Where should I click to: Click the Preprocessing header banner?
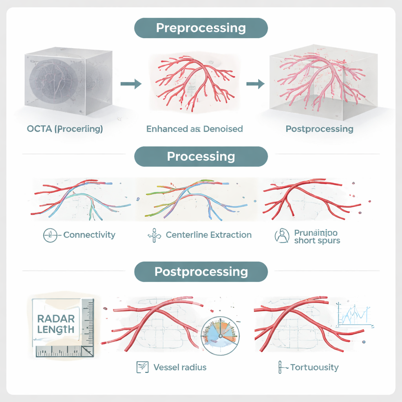coord(201,28)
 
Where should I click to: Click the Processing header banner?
coord(201,156)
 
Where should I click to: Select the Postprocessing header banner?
coord(201,272)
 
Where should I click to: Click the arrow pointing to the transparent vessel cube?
coord(254,83)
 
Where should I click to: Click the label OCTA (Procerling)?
coord(65,129)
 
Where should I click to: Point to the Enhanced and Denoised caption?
coord(194,129)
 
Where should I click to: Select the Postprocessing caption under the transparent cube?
coord(319,129)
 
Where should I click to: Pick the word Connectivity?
coord(89,235)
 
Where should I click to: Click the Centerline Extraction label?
coord(208,235)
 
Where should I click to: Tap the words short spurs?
coord(317,241)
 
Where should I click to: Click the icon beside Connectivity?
coord(49,236)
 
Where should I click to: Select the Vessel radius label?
coord(180,367)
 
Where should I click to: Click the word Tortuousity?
coord(314,367)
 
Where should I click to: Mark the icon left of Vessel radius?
coord(142,367)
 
